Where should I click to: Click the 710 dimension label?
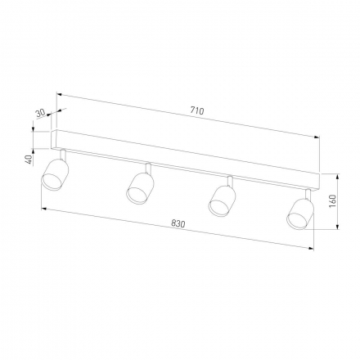197,110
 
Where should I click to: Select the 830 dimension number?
178,224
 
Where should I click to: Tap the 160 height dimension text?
333,201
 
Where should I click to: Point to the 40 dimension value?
29,160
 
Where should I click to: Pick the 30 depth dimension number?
40,113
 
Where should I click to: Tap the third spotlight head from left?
222,201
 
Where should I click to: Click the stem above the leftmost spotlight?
63,154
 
